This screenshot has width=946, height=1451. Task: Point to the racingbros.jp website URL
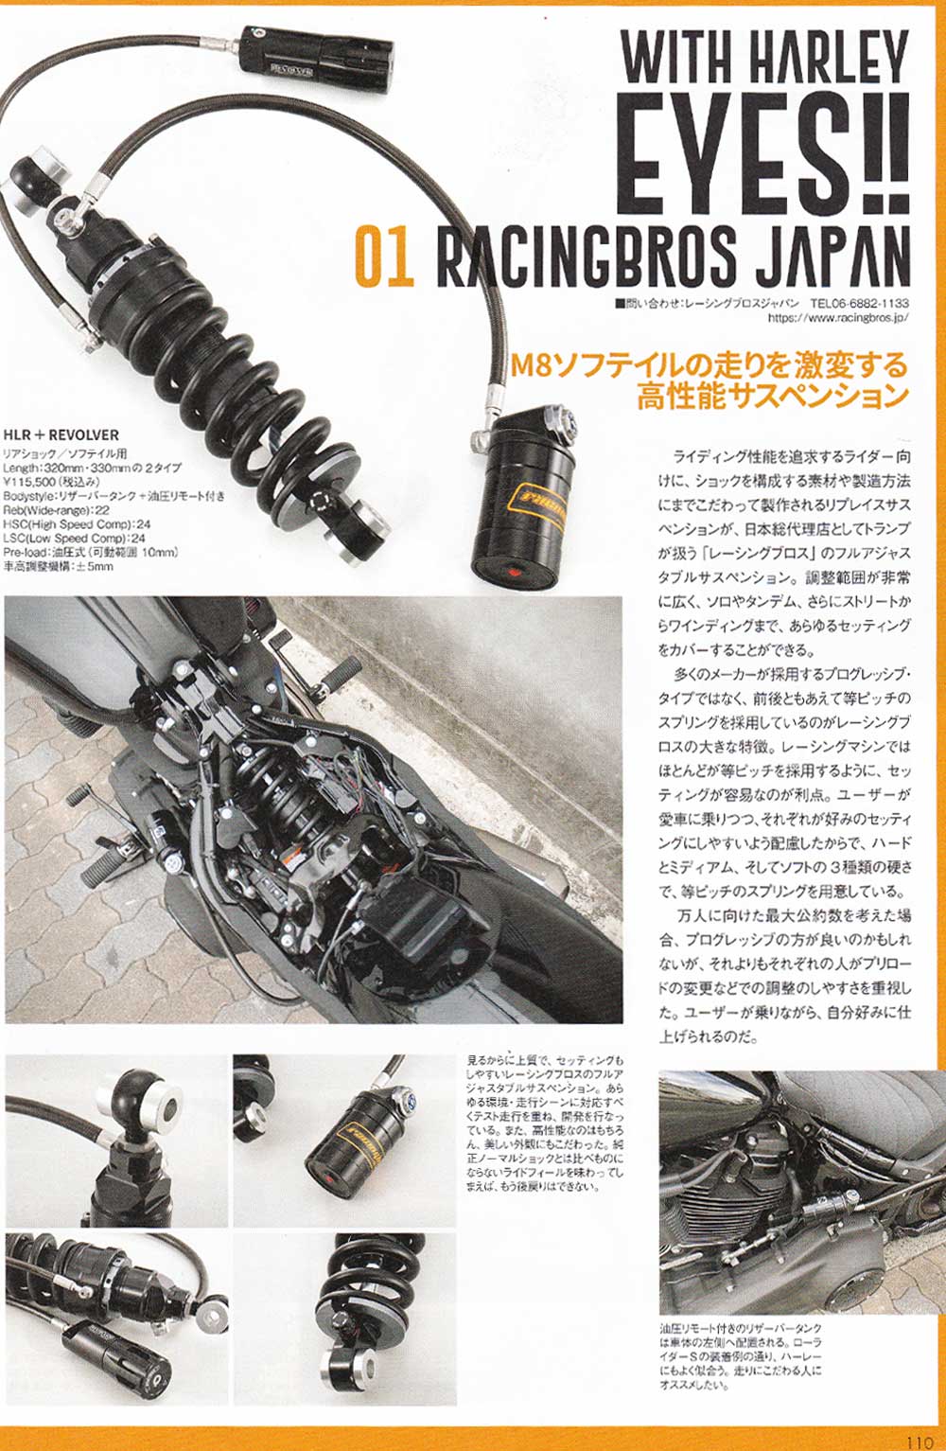838,317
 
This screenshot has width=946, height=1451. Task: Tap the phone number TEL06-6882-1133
859,303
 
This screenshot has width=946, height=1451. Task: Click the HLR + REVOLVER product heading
61,434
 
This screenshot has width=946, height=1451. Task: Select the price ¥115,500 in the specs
52,482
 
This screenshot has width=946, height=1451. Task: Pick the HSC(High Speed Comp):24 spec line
77,524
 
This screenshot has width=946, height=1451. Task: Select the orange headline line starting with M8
709,366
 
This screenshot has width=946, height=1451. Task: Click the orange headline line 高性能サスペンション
773,397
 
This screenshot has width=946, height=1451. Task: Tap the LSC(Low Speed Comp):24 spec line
75,539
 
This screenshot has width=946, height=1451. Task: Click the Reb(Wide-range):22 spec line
57,510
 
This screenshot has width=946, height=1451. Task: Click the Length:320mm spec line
92,468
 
